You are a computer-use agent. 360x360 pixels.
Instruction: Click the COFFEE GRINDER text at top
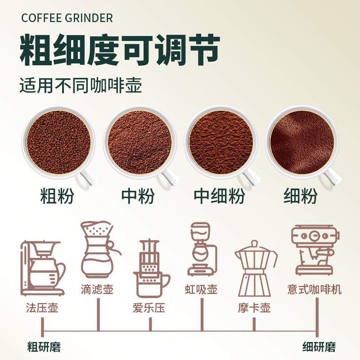pyautogui.click(x=67, y=18)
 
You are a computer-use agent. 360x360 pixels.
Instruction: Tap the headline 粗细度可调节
pyautogui.click(x=119, y=50)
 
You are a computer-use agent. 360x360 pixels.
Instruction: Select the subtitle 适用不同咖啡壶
pyautogui.click(x=81, y=85)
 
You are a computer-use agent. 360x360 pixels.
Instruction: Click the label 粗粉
pyautogui.click(x=57, y=196)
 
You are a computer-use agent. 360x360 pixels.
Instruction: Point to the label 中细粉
pyautogui.click(x=220, y=196)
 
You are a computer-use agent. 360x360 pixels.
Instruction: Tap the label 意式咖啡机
pyautogui.click(x=314, y=288)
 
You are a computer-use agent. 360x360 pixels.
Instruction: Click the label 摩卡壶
pyautogui.click(x=254, y=308)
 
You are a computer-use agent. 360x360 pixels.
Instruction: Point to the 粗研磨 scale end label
pyautogui.click(x=44, y=347)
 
